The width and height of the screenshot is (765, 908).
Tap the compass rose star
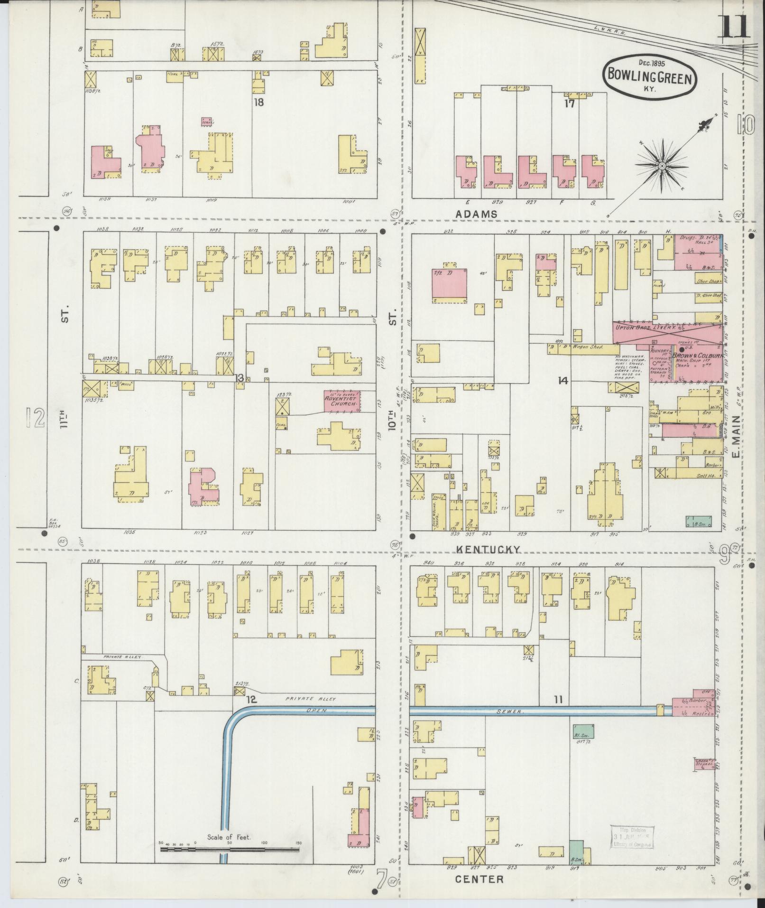coord(660,166)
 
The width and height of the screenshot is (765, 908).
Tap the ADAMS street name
coord(476,214)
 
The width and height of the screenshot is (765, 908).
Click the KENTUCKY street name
coord(488,549)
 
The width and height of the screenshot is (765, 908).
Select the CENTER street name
coord(479,879)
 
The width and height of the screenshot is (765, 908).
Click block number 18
coord(258,102)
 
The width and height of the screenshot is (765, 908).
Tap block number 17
coord(569,103)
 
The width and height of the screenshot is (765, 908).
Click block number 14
coord(563,380)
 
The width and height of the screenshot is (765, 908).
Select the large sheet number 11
coord(735,28)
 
